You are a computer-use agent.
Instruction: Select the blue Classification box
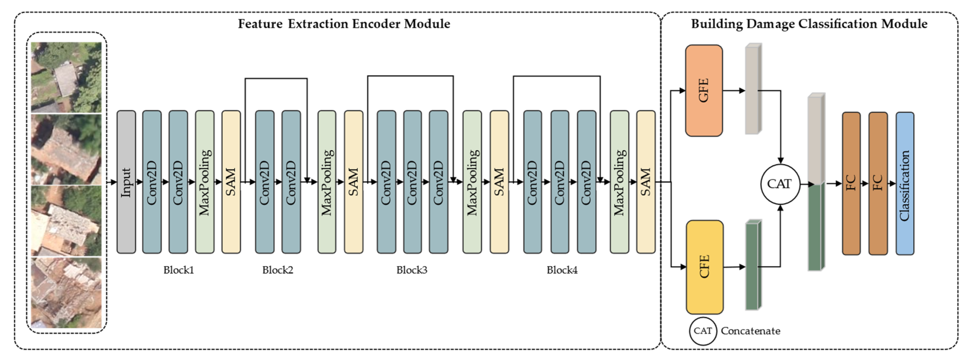tap(905, 183)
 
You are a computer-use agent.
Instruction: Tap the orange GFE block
tap(703, 91)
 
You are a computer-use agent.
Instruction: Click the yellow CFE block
tap(704, 267)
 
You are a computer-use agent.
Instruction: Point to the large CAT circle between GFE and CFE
tap(780, 184)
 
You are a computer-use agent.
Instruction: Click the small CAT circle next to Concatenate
tap(702, 331)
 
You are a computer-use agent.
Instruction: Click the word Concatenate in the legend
tap(750, 331)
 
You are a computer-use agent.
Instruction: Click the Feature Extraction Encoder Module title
tap(344, 24)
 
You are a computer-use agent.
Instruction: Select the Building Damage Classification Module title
tap(809, 24)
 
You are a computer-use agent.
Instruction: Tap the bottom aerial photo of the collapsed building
tap(66, 292)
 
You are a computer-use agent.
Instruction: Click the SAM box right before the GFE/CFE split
tap(645, 182)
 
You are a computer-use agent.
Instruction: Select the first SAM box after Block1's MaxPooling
tap(231, 182)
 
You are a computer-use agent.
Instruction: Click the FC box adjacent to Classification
tap(878, 183)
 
